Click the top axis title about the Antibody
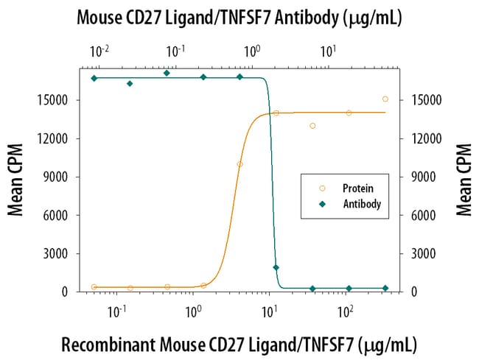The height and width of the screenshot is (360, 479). pos(239,18)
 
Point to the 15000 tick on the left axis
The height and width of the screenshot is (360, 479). pos(58,100)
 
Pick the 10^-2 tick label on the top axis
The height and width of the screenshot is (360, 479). pos(99,52)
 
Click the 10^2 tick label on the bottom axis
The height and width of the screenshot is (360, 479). pos(344,311)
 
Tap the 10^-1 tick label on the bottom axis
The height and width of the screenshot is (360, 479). pos(116,311)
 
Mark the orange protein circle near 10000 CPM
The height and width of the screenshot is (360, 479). pos(239,164)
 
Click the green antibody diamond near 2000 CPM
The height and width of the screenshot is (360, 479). pos(276,267)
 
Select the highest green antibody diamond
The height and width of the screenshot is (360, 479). pos(167,73)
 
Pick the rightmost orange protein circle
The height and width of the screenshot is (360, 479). pos(385,99)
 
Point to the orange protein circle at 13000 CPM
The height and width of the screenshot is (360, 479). pos(312,126)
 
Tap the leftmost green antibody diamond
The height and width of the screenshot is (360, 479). pos(94,78)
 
